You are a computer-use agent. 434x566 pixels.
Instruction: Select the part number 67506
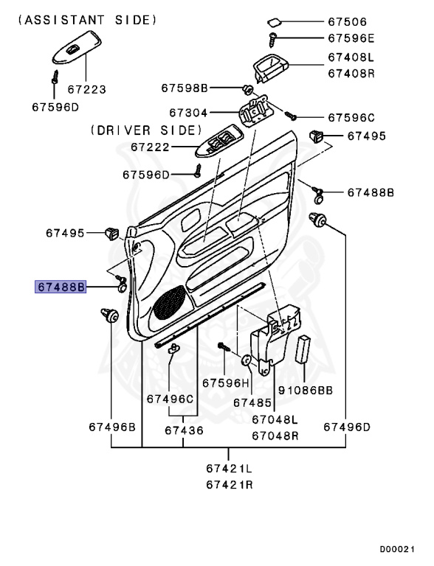click(351, 22)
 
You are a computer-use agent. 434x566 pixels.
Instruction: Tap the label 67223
click(87, 89)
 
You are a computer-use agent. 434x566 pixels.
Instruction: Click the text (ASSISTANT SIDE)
click(87, 18)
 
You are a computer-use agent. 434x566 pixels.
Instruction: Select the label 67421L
click(229, 468)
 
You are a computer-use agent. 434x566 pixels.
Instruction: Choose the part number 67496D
click(346, 426)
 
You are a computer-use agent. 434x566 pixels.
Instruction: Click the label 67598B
click(185, 88)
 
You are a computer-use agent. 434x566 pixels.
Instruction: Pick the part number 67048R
click(275, 435)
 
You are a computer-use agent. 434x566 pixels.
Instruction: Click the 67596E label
click(351, 38)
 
